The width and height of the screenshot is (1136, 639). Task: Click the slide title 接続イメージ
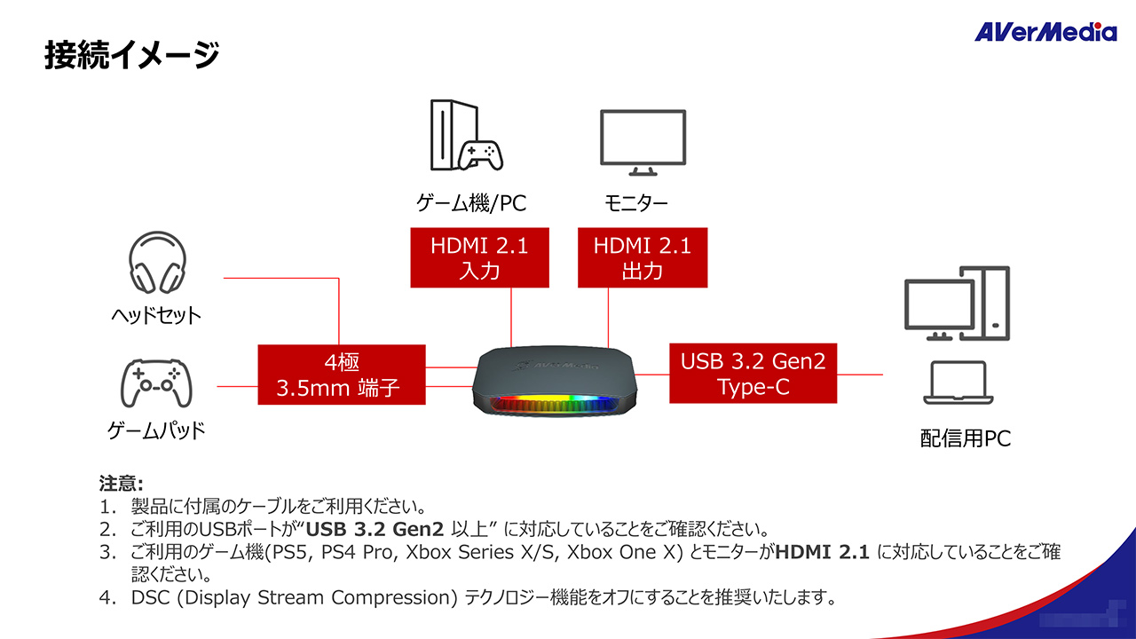coord(131,54)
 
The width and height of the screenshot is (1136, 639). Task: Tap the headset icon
coord(156,264)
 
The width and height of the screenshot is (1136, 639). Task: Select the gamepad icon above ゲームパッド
coord(156,384)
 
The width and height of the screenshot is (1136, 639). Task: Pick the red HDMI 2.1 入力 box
coord(479,257)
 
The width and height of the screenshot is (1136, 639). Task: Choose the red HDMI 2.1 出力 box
coord(643,257)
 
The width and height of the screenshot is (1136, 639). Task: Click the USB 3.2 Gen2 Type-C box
coord(753,374)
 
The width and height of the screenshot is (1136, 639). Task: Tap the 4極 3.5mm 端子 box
coord(342,375)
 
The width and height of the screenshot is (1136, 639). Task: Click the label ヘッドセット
coord(156,315)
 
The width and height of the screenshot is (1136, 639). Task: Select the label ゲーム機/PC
coord(471,203)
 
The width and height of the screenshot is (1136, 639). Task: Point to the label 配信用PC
coord(966,438)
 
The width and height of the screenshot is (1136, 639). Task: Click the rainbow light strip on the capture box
coord(557,406)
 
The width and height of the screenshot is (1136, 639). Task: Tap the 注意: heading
coord(121,484)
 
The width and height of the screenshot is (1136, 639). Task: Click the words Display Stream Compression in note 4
coord(315,597)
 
